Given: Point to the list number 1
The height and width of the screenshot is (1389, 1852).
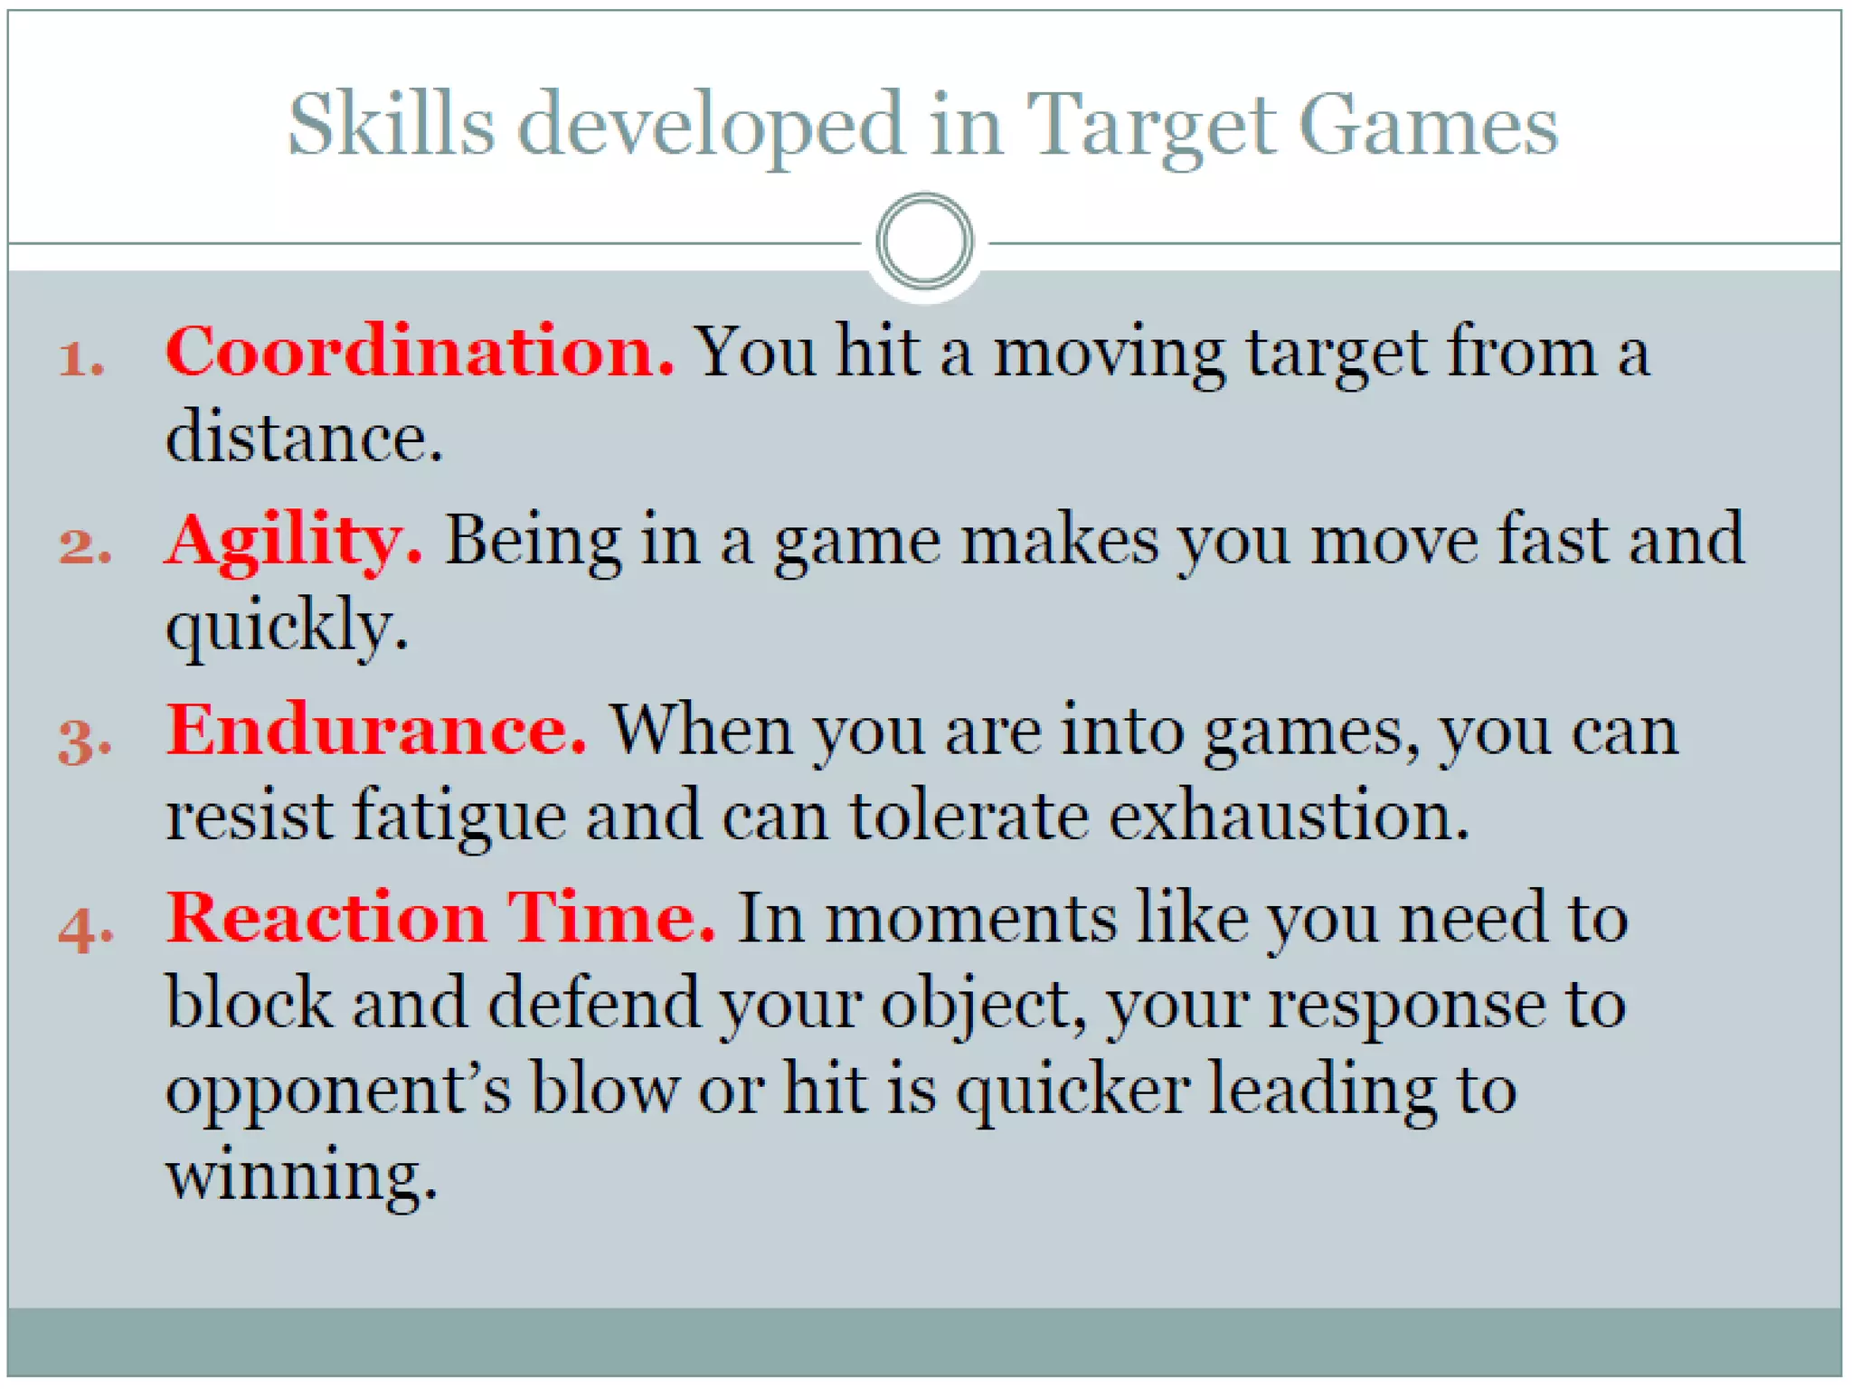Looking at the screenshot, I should [x=80, y=359].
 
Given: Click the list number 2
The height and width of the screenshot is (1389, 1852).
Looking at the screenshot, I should [x=84, y=547].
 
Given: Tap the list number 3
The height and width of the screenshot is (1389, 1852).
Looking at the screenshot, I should [x=84, y=740].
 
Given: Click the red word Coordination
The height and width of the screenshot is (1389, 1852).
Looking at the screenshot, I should [x=419, y=351].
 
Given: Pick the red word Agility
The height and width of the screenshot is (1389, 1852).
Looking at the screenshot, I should [x=293, y=541].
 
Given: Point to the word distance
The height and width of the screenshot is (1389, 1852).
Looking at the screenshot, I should [x=303, y=437].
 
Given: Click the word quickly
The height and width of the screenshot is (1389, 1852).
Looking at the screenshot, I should [x=286, y=627].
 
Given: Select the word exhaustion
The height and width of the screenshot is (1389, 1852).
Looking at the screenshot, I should [x=1288, y=816].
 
